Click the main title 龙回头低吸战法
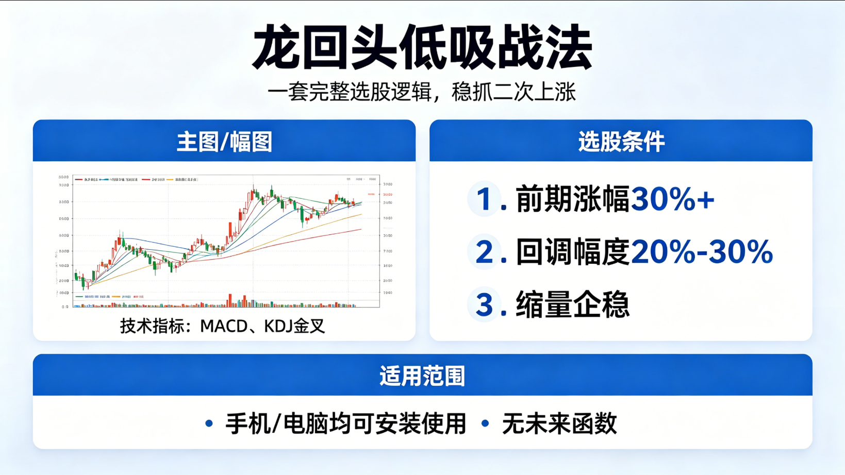tap(422, 47)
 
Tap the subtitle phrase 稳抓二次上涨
tap(513, 92)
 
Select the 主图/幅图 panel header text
tap(224, 142)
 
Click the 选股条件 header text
tap(621, 142)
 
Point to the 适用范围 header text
tap(422, 376)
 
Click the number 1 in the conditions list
tap(484, 199)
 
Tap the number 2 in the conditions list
tap(485, 252)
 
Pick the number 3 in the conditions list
tap(485, 304)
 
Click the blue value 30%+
tap(672, 199)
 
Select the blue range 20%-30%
tap(702, 252)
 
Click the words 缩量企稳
tap(572, 304)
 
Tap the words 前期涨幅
tap(572, 199)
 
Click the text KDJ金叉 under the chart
tap(294, 326)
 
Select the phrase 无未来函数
tap(559, 424)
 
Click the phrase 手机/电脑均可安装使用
tap(345, 424)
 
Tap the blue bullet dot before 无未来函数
tap(485, 423)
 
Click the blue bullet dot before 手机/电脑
tap(209, 423)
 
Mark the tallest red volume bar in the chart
tap(230, 300)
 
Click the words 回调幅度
tap(572, 252)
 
